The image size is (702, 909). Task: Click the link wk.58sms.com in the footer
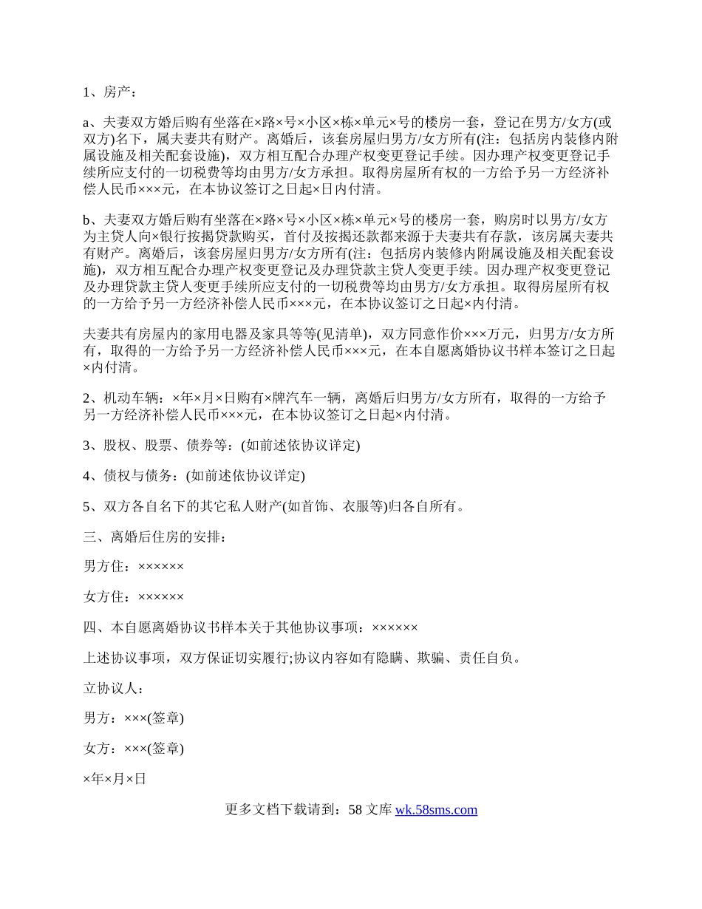coord(436,809)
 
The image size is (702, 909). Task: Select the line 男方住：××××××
coord(134,566)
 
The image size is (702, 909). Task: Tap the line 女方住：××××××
coord(134,596)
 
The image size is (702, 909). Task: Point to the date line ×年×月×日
coord(115,778)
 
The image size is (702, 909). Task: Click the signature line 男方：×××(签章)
coord(134,718)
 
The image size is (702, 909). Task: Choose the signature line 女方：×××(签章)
coord(134,748)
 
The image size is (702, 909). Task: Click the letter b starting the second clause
coord(86,220)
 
